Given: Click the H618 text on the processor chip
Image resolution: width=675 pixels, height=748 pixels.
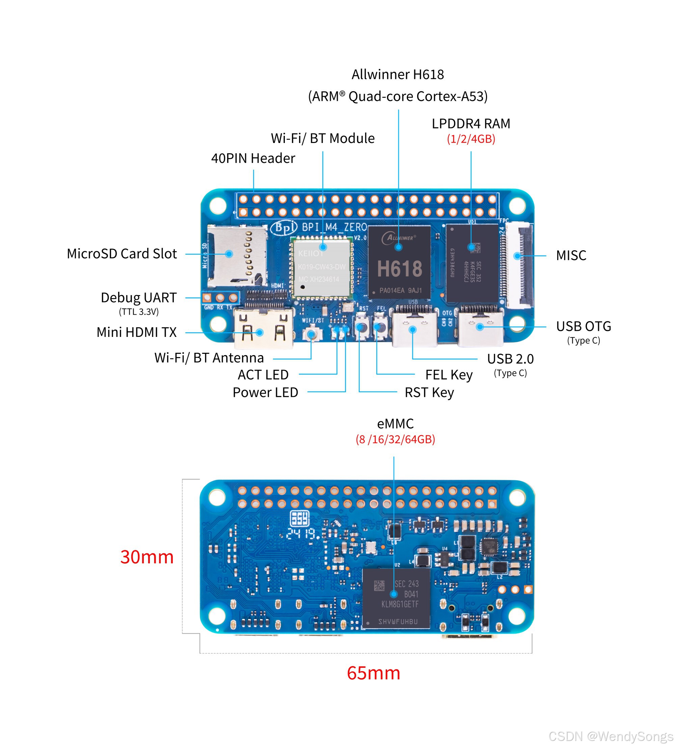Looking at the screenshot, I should (400, 269).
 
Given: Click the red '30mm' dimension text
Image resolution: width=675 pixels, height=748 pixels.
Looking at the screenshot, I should (147, 557).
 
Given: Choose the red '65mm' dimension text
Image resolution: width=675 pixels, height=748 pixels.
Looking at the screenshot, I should (374, 673).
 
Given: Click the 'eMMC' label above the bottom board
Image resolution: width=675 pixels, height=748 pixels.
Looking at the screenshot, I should (395, 424).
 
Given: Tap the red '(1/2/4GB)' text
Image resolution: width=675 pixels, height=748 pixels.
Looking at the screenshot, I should (471, 139).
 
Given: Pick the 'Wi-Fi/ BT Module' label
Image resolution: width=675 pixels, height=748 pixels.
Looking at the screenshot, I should (323, 138).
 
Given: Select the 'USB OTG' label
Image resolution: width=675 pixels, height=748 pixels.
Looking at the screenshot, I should (584, 326).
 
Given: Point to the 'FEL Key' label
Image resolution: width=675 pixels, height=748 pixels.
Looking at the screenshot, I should (449, 375).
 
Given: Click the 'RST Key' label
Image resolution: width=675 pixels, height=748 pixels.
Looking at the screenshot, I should (429, 393).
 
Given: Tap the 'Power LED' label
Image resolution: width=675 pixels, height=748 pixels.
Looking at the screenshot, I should (265, 393).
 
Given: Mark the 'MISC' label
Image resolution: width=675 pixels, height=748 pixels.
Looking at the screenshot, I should (571, 255).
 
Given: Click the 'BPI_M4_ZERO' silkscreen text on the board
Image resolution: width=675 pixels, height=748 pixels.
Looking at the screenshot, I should (334, 227).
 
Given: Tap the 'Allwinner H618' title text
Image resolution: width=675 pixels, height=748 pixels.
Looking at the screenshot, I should (398, 75).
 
